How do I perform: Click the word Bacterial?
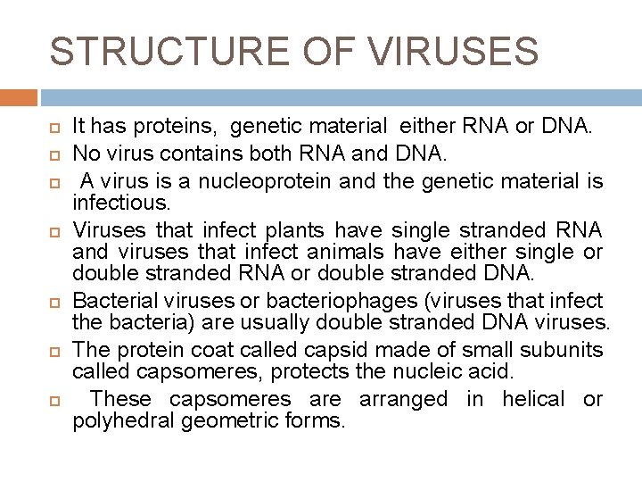pos(113,299)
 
